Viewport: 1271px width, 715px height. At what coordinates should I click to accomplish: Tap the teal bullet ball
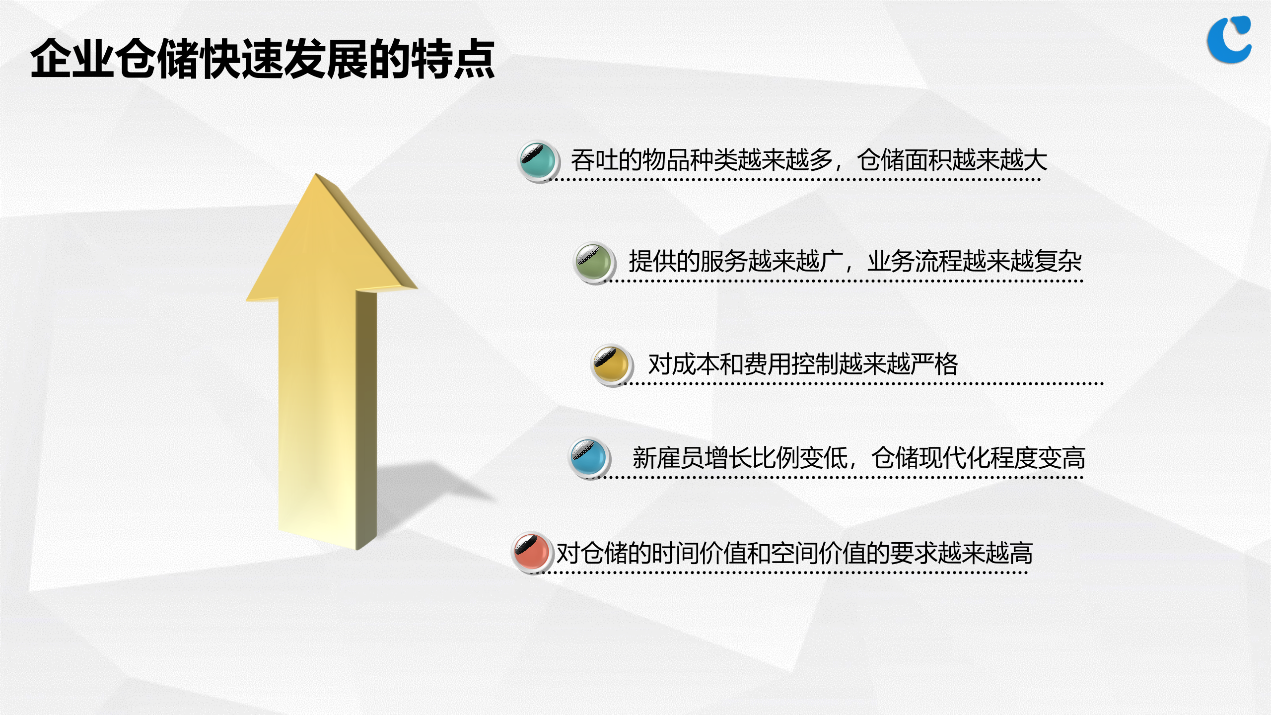pos(537,161)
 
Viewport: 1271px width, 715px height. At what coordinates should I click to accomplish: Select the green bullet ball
pos(593,262)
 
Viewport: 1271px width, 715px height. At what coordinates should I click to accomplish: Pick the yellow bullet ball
pos(611,364)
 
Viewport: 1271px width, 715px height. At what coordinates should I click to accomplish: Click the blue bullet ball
pos(588,458)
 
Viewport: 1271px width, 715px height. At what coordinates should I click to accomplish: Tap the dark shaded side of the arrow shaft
pos(366,417)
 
